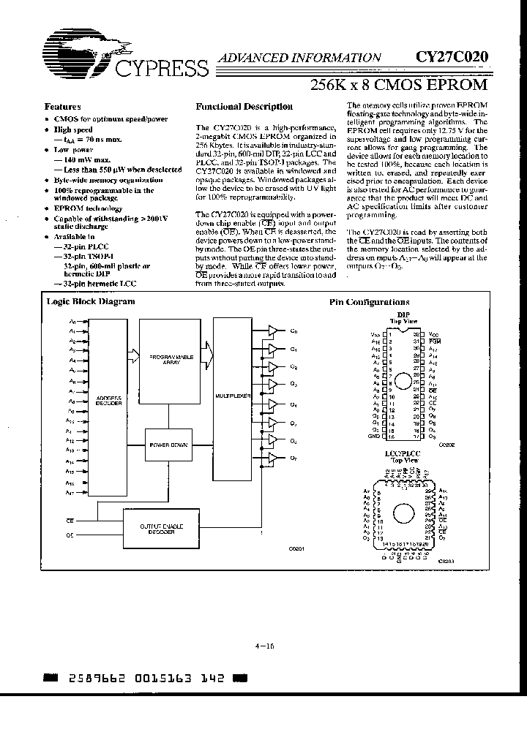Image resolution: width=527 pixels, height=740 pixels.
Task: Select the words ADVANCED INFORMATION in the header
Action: click(x=301, y=57)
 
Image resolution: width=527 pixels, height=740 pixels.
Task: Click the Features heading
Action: click(x=63, y=106)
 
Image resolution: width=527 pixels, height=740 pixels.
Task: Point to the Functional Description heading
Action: click(x=244, y=106)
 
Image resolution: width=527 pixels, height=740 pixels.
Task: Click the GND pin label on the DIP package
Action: click(x=375, y=437)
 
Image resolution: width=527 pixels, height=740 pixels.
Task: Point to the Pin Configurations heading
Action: click(x=369, y=302)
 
